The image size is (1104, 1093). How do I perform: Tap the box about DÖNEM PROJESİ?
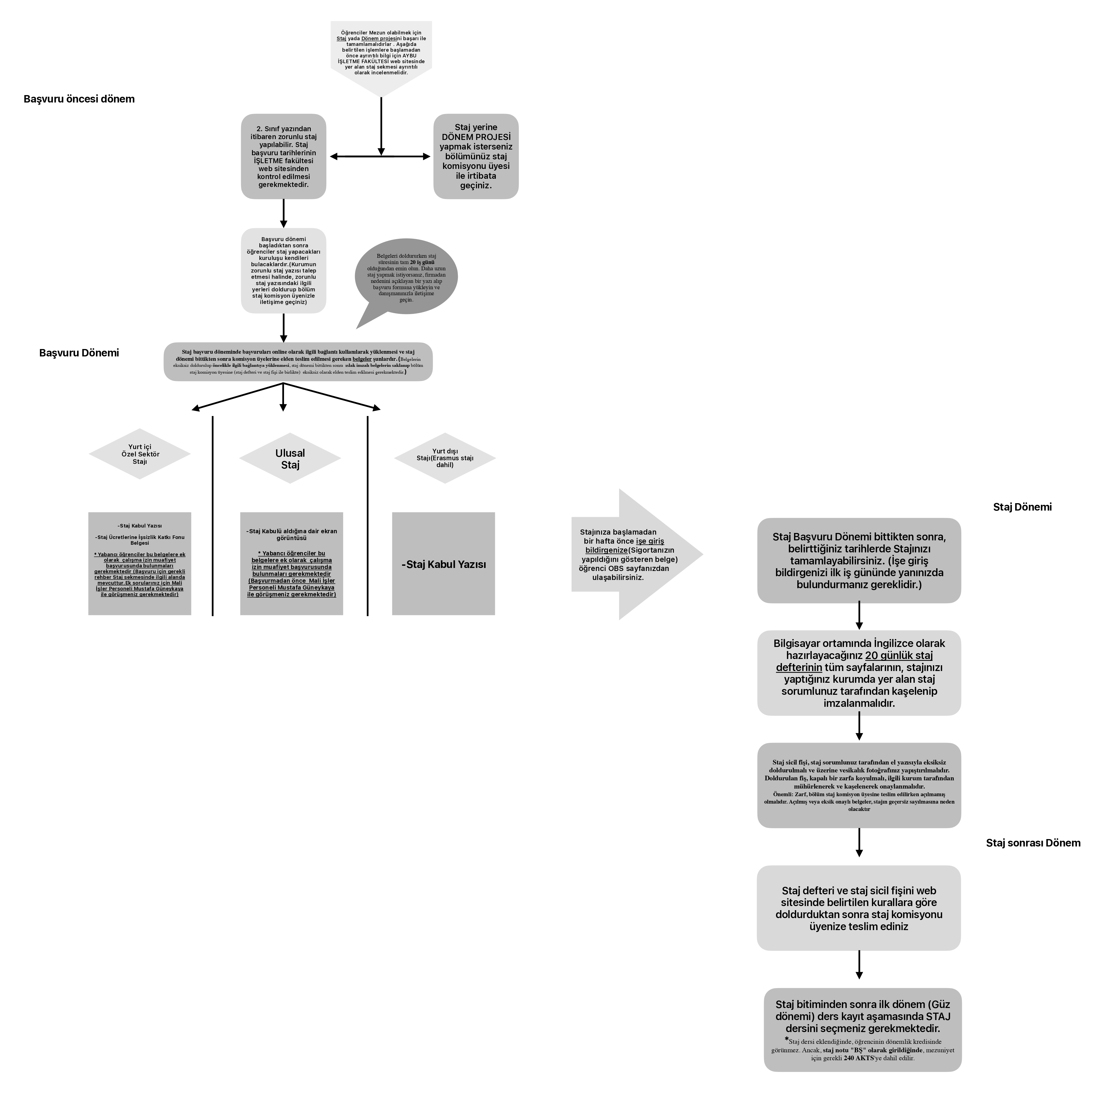pyautogui.click(x=476, y=157)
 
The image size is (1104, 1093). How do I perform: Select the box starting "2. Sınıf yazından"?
pyautogui.click(x=283, y=157)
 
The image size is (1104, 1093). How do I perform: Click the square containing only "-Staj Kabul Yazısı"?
pyautogui.click(x=443, y=564)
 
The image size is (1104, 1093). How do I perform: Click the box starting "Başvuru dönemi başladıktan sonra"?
pyautogui.click(x=283, y=271)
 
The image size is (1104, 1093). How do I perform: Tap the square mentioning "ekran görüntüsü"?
pyautogui.click(x=291, y=564)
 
